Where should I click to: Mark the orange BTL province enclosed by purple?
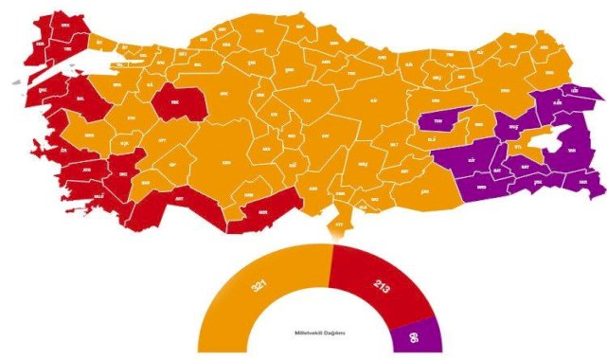[x=518, y=148]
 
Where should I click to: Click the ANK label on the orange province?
[x=225, y=94]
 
